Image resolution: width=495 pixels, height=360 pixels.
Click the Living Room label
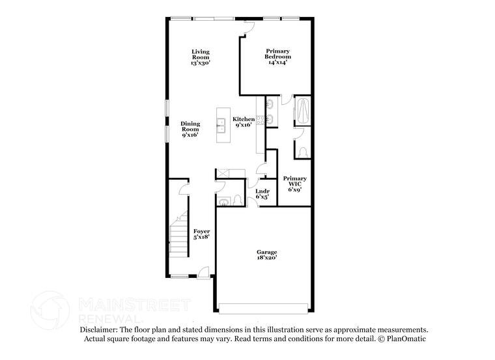pyautogui.click(x=201, y=57)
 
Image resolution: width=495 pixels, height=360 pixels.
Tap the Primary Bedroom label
pyautogui.click(x=277, y=57)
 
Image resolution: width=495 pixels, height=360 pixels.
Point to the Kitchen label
pyautogui.click(x=244, y=122)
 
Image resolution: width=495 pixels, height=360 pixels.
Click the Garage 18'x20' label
pyautogui.click(x=266, y=255)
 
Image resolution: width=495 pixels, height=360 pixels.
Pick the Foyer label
pyautogui.click(x=202, y=234)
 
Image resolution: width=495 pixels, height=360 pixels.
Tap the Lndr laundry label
pyautogui.click(x=262, y=193)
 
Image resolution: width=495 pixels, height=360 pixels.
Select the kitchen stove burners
pyautogui.click(x=259, y=120)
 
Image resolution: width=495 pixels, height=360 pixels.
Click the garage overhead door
pyautogui.click(x=264, y=308)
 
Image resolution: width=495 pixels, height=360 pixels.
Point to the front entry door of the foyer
pyautogui.click(x=204, y=273)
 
